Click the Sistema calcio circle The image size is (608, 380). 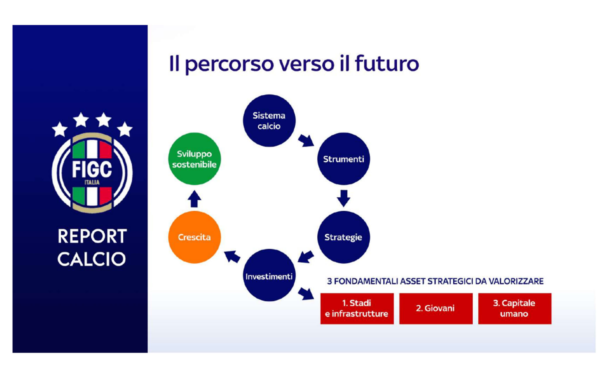click(269, 121)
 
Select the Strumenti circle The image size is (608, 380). click(343, 159)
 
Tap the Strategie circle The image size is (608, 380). click(343, 237)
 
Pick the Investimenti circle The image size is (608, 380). click(269, 275)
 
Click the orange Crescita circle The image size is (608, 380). click(194, 237)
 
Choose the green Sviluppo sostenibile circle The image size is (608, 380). click(194, 159)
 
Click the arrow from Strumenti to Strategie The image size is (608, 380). click(343, 198)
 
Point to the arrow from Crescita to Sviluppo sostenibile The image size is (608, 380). click(194, 199)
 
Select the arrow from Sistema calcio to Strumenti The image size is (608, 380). click(306, 140)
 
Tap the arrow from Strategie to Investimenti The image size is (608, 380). click(306, 257)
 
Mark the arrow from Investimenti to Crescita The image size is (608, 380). click(232, 257)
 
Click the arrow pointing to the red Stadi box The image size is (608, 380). click(306, 294)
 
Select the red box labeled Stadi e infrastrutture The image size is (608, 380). click(357, 308)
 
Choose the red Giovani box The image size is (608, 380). click(436, 308)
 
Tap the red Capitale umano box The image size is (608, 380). click(515, 308)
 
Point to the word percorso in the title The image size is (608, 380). click(229, 65)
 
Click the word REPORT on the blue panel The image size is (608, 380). click(92, 236)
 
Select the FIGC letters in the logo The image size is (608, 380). click(92, 169)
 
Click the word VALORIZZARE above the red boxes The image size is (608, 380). click(516, 281)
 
